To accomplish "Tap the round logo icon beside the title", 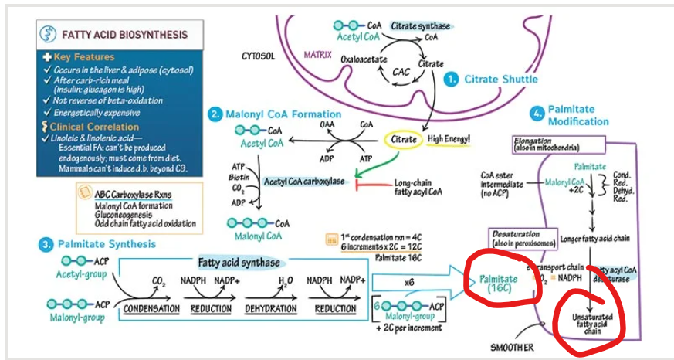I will point(49,34).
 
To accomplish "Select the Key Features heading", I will point(83,57).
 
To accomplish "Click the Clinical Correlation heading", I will point(94,127).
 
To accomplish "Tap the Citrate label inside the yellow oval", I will point(404,139).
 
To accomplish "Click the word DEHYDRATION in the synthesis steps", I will point(270,309).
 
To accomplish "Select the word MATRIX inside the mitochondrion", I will point(317,56).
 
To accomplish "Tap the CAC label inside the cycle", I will point(401,73).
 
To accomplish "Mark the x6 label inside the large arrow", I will point(410,283).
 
